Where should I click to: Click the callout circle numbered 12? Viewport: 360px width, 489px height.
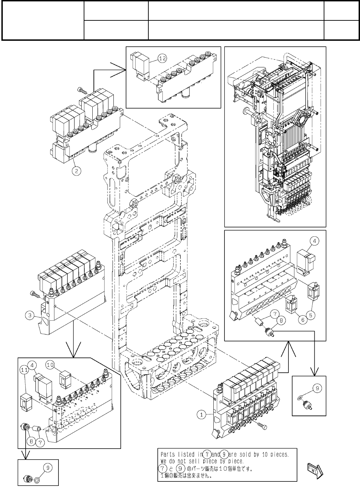click(x=162, y=58)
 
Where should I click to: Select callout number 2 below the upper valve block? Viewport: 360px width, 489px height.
click(x=76, y=170)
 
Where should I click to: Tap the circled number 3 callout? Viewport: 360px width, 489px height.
click(x=30, y=315)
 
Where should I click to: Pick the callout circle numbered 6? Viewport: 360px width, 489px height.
click(x=303, y=320)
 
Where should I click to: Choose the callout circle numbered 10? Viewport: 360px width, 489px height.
click(x=50, y=364)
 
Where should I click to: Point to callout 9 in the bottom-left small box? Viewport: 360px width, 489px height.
click(x=48, y=468)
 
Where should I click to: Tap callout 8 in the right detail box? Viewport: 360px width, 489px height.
click(x=281, y=320)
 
